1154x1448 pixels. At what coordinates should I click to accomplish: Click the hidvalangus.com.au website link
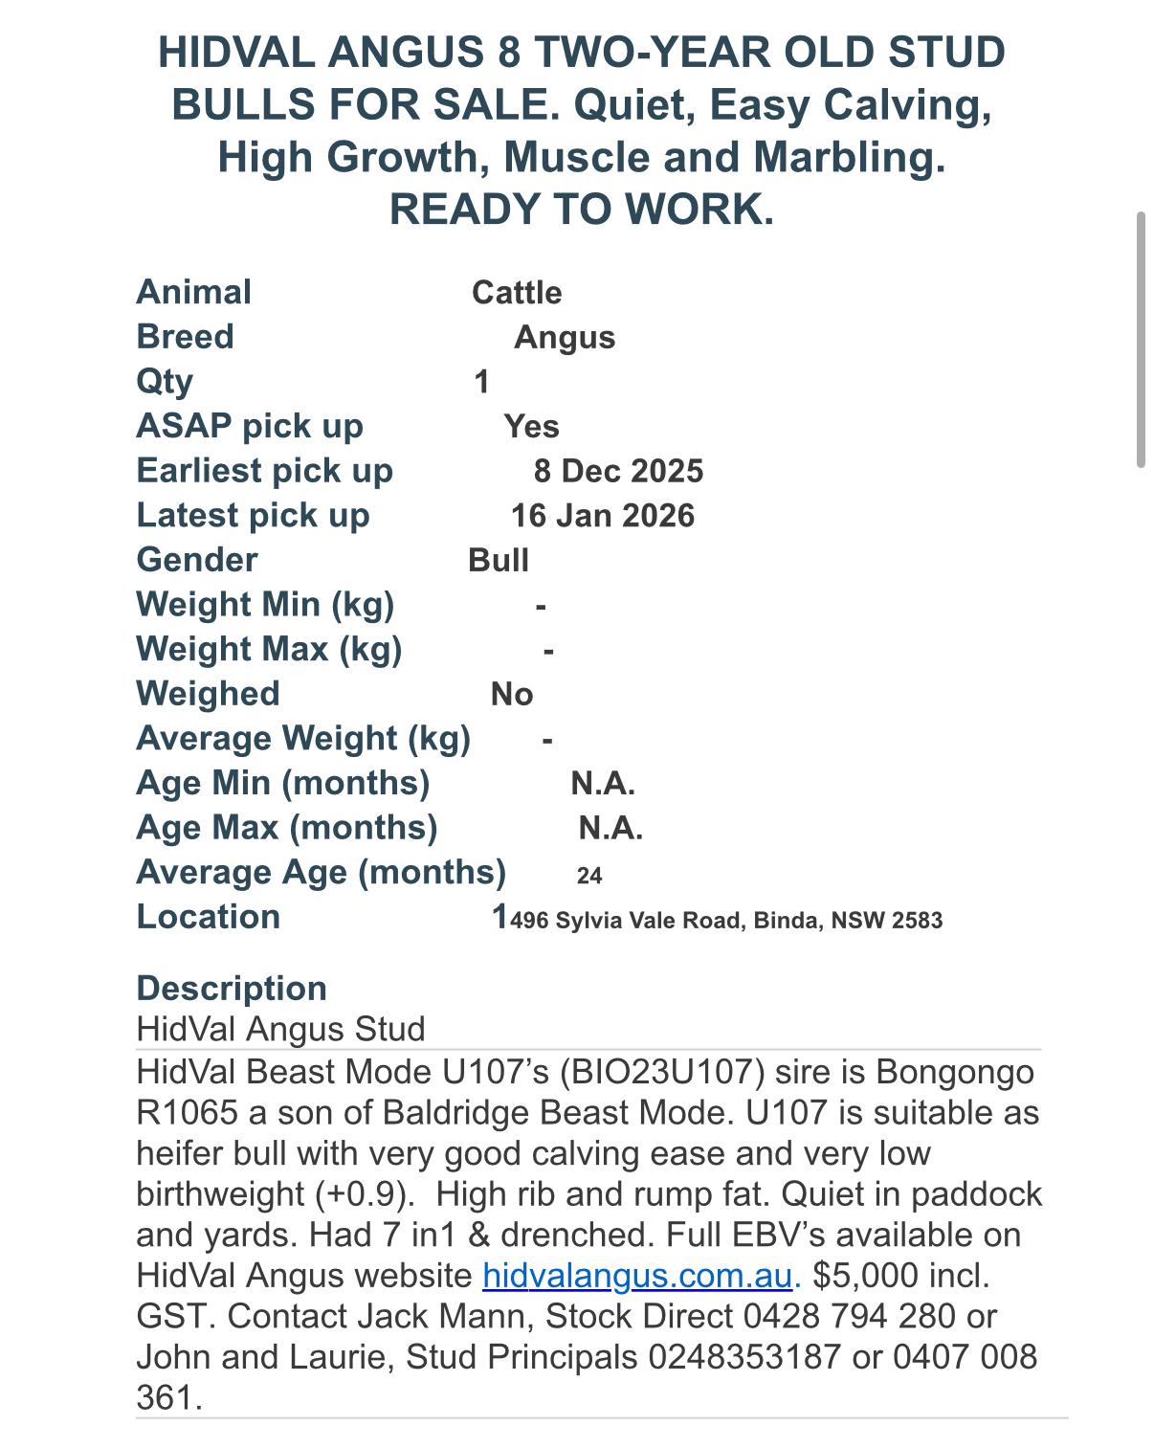coord(637,1276)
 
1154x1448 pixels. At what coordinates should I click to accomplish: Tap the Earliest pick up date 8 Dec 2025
coord(618,471)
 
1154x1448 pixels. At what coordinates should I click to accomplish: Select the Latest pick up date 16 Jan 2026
coord(603,516)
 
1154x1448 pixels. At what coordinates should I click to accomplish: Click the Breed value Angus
coord(565,338)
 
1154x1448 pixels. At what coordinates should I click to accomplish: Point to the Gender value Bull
coord(499,560)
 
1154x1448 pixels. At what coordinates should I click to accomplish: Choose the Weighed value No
coord(512,694)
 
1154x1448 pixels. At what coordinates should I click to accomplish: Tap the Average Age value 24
coord(589,876)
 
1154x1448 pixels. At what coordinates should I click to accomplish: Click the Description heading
coord(232,988)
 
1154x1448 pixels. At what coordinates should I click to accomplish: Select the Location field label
coord(209,917)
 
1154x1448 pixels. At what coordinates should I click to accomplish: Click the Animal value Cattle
coord(517,293)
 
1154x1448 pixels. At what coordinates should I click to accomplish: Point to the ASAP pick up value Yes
coord(532,427)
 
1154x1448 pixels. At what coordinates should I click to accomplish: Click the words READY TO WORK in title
coord(581,210)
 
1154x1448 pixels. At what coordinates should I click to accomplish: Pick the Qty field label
coord(165,382)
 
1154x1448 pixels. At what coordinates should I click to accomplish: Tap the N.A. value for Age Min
coord(603,784)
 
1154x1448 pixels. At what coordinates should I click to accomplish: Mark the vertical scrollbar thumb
coord(1141,340)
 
